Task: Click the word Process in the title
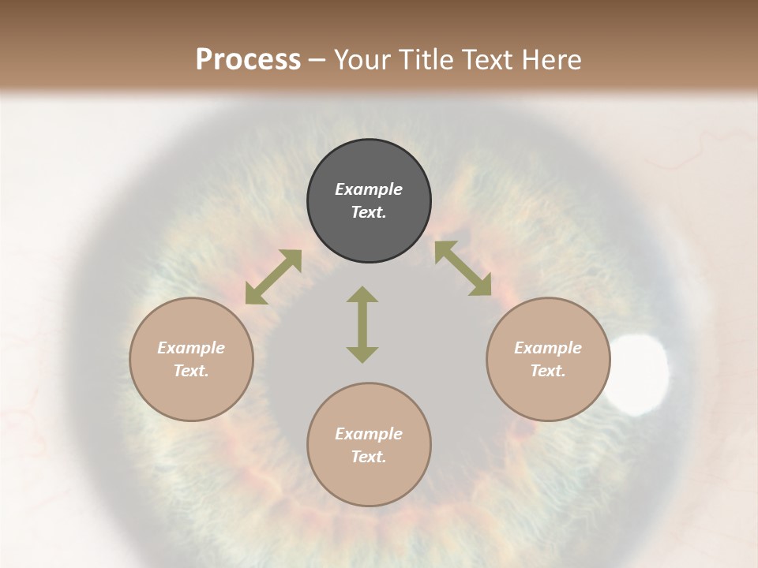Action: pos(248,60)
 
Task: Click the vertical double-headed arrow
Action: pos(362,324)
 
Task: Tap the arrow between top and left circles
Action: pos(273,277)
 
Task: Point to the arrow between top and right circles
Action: pos(463,268)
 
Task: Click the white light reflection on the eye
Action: pos(640,372)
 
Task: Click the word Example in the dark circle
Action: pos(369,189)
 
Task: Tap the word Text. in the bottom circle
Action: pos(369,457)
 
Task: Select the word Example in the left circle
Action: pos(191,348)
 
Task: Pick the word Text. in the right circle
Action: pos(548,371)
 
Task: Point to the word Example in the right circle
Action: pos(548,348)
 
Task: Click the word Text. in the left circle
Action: pos(191,371)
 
